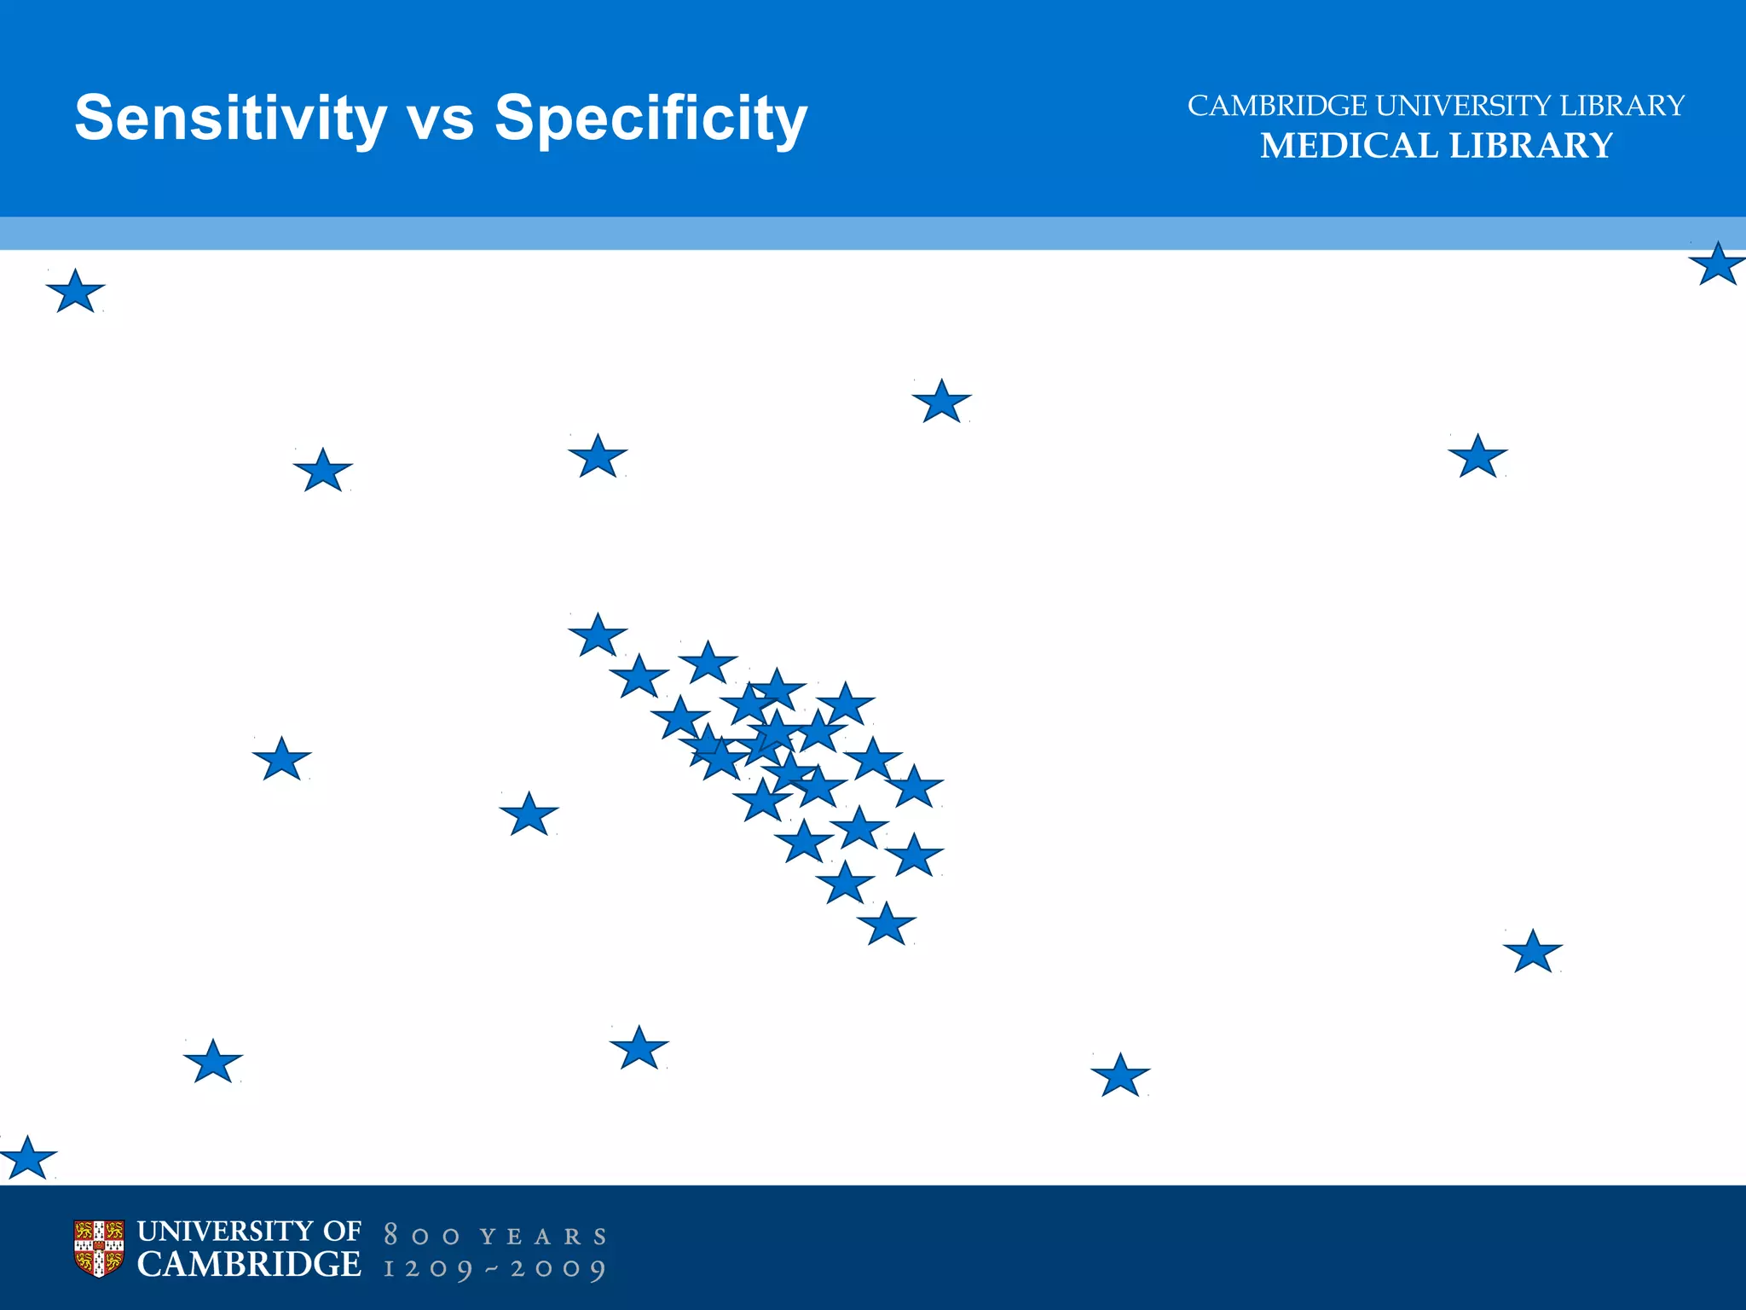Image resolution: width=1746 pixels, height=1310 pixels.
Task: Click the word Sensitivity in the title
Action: [x=230, y=118]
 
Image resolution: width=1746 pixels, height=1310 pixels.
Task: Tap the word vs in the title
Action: [x=441, y=118]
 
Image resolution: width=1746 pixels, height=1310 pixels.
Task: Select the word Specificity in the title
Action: [x=650, y=118]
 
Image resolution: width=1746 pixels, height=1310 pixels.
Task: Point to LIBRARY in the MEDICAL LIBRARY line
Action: [x=1531, y=146]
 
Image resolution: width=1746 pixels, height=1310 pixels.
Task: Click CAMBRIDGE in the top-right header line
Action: [x=1277, y=106]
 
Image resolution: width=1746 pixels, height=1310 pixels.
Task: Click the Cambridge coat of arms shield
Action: [x=99, y=1249]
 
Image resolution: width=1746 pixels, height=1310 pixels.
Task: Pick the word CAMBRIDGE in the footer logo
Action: [x=249, y=1265]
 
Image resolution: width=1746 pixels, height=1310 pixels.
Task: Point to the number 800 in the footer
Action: [x=422, y=1236]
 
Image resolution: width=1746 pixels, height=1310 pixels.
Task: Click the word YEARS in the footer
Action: [x=543, y=1237]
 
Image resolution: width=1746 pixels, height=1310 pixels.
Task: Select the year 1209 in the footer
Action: [x=428, y=1269]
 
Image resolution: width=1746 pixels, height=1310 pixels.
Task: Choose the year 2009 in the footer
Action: [x=558, y=1269]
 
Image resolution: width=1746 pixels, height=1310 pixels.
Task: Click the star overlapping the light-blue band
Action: [x=1717, y=264]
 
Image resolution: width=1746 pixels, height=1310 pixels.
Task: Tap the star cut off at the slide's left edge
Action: [x=27, y=1159]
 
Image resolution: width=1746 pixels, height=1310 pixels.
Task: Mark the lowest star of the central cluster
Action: [x=887, y=925]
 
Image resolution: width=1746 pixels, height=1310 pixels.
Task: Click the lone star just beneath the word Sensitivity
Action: [x=76, y=293]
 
